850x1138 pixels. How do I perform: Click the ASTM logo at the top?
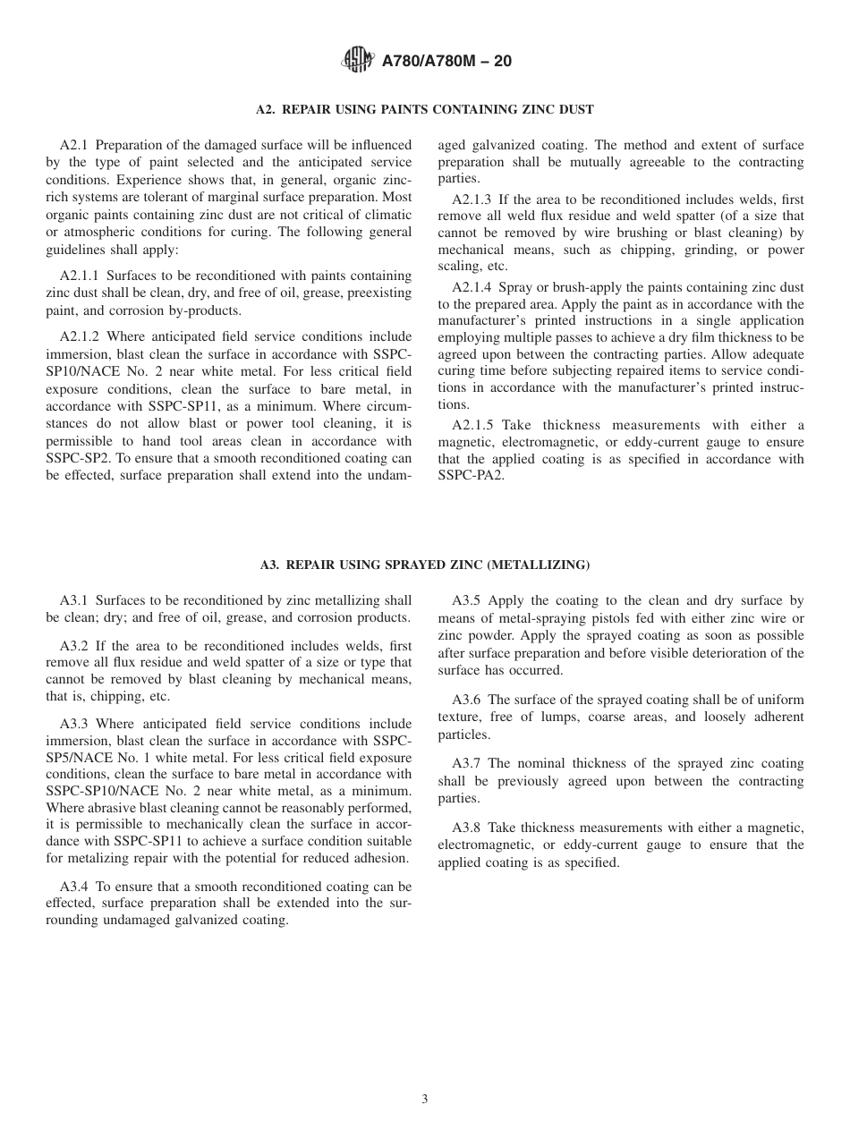(359, 61)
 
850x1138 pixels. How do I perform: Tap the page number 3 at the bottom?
(425, 1100)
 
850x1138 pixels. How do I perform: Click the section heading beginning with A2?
(424, 109)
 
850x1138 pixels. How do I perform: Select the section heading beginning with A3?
(424, 565)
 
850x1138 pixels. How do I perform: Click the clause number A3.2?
(74, 646)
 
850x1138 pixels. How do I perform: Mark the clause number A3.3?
(74, 724)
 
